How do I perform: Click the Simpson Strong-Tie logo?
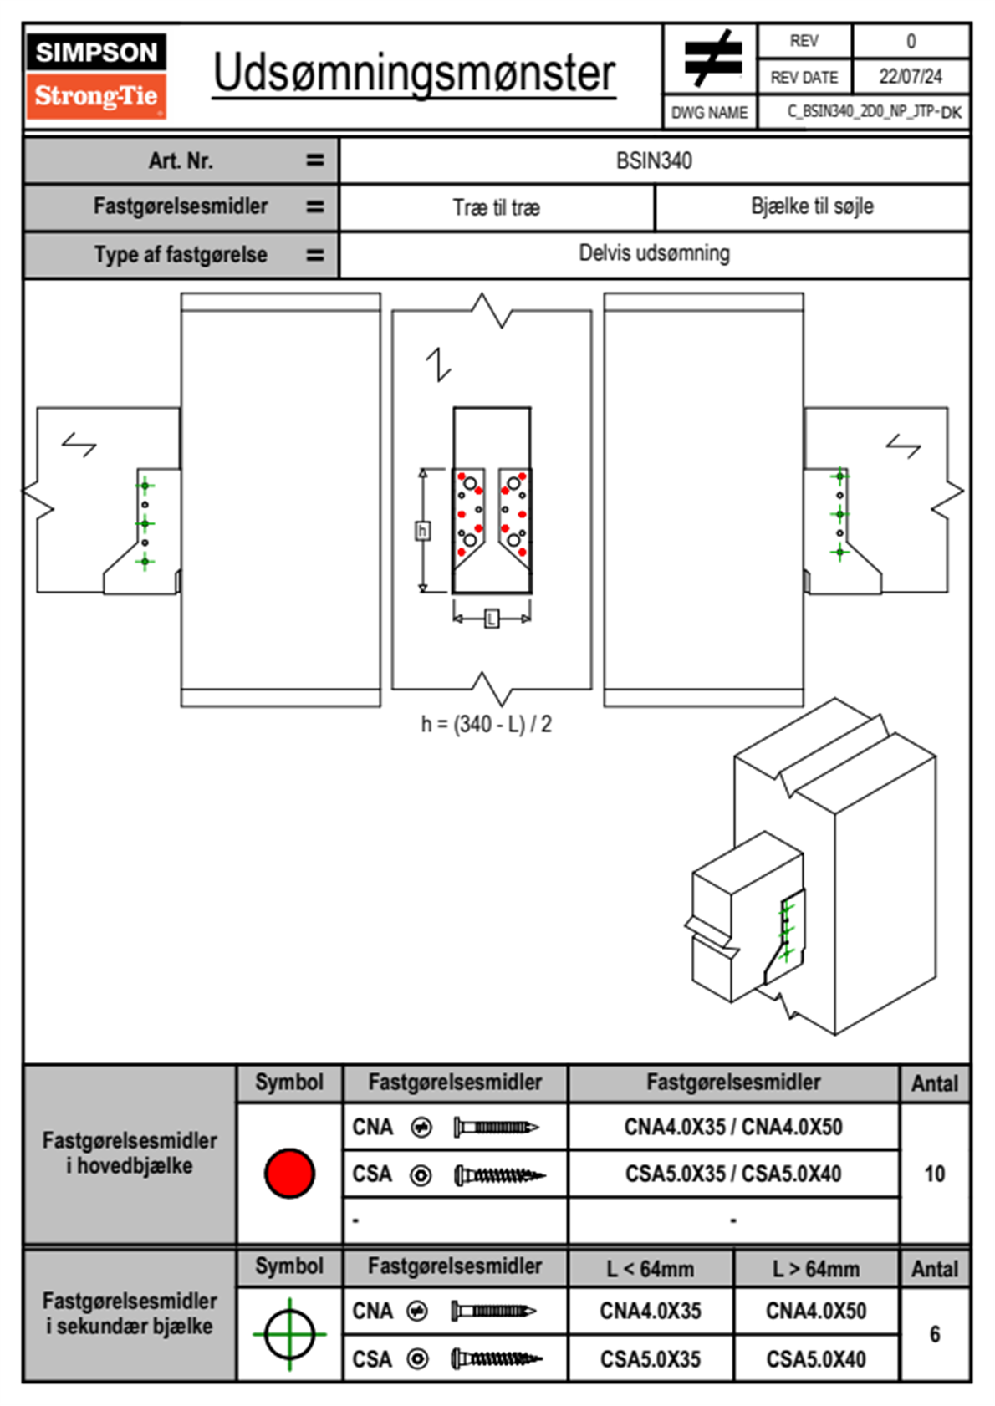(96, 75)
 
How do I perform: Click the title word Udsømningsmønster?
(414, 74)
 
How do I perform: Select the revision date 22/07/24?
(910, 77)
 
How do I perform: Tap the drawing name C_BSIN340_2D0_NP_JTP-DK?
(874, 112)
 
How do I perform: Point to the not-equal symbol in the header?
(712, 59)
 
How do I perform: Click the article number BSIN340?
(654, 160)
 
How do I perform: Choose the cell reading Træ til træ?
(497, 207)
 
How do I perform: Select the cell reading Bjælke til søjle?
(812, 206)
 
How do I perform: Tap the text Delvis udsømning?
(654, 253)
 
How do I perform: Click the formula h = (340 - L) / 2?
(486, 724)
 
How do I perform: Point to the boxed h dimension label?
(423, 531)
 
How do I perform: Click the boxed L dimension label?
(492, 619)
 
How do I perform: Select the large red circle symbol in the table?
(289, 1173)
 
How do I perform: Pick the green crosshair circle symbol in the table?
(289, 1334)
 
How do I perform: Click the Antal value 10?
(934, 1174)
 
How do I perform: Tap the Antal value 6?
(934, 1334)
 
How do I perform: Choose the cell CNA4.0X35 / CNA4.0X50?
(733, 1127)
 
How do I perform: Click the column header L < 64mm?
(650, 1269)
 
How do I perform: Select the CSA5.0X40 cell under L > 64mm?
(815, 1359)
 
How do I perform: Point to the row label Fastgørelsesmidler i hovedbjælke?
(130, 1153)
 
